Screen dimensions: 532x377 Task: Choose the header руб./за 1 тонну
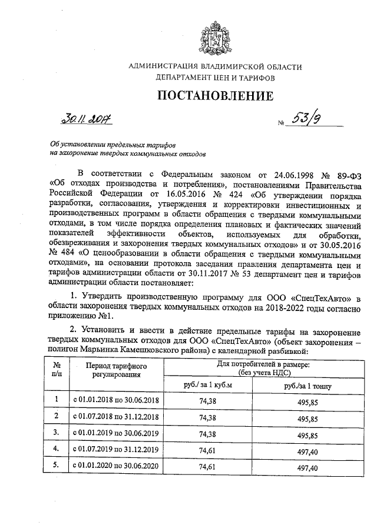pos(307,386)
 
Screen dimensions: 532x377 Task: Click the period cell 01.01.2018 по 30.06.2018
pos(116,400)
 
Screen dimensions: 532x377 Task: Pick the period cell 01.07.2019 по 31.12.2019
pos(116,450)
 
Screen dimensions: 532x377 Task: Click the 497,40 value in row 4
pos(307,450)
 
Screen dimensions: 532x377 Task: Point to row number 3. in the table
pos(57,433)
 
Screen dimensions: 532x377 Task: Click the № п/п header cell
pos(57,369)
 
